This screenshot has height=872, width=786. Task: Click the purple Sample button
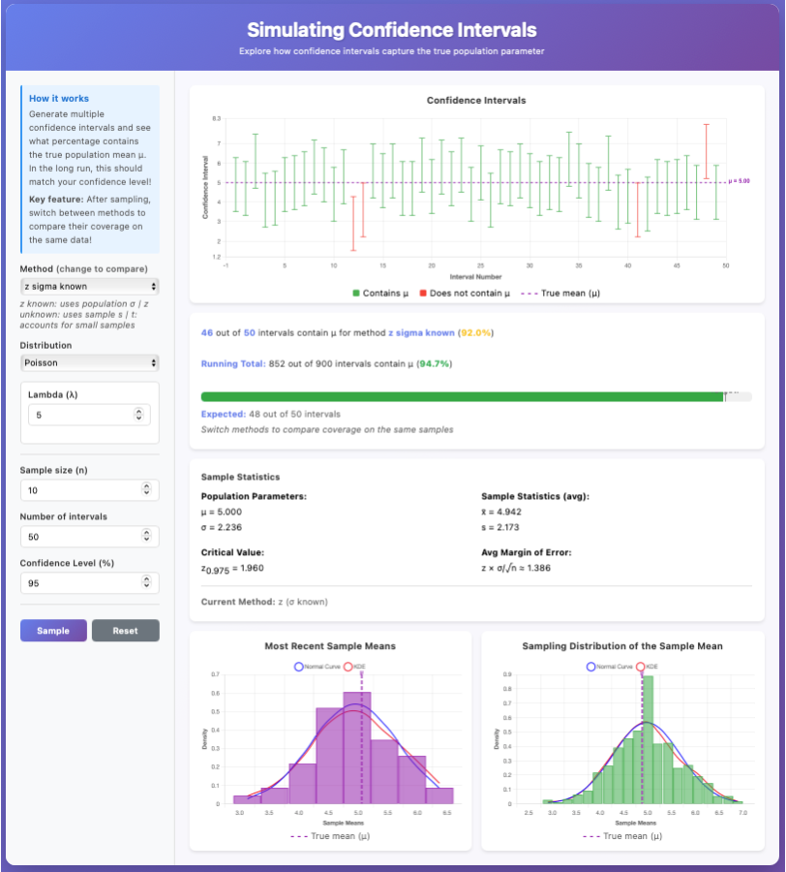coord(53,631)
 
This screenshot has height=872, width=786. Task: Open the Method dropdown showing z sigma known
coord(89,287)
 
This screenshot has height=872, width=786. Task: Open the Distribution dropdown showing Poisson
coord(89,362)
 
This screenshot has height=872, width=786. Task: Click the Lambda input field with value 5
coord(82,415)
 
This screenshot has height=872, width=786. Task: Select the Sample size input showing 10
coord(82,490)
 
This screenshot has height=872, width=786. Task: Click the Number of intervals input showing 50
coord(82,536)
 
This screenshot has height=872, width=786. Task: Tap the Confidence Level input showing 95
coord(82,583)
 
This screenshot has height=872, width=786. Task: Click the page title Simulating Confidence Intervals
coord(391,30)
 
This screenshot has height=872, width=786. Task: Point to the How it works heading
coord(59,99)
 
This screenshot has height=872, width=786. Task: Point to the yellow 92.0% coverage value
coord(475,332)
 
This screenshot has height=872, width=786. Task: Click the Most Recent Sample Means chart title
coord(330,646)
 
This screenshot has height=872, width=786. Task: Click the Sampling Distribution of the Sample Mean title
coord(622,646)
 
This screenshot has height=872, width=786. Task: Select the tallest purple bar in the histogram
coord(357,747)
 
